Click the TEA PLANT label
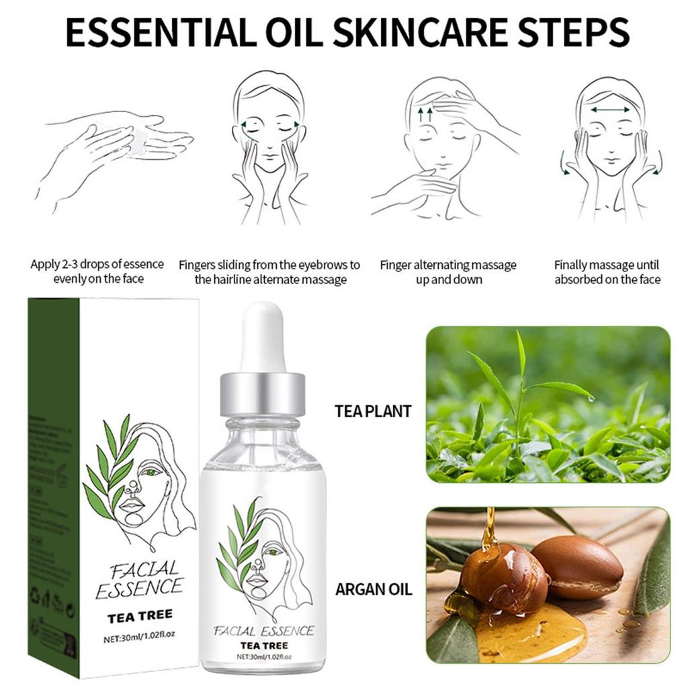coord(373,411)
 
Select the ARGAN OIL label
coord(374,591)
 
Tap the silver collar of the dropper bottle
coord(263,393)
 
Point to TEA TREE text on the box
coord(140,614)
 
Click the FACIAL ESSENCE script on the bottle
coord(263,630)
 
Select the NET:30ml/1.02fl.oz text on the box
coord(140,636)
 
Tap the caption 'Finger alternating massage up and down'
coord(448,272)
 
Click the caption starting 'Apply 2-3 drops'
coord(98,271)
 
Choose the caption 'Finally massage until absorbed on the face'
coord(607,272)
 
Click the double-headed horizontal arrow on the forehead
coord(610,109)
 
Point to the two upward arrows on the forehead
coord(425,114)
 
